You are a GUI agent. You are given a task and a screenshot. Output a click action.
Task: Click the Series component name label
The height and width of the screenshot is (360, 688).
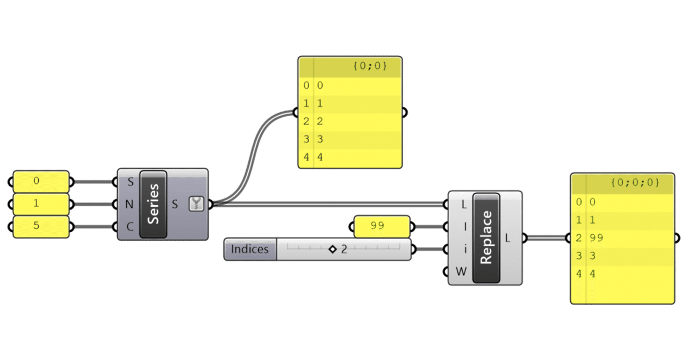click(153, 204)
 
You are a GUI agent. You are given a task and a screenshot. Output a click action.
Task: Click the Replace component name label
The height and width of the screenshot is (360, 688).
click(486, 237)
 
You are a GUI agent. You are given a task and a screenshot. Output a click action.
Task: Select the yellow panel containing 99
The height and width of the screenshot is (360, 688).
click(382, 226)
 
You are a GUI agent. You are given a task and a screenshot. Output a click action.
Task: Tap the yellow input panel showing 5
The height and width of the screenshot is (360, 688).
click(41, 226)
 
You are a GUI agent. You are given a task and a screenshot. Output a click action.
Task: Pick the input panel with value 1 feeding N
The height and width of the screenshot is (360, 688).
click(41, 204)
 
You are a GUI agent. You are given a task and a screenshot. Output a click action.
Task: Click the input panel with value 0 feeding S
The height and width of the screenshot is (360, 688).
click(41, 182)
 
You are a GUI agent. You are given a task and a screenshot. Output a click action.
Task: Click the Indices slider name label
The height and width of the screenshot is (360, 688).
click(250, 249)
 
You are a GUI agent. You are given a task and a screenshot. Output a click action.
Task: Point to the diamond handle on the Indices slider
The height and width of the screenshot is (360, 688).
click(332, 249)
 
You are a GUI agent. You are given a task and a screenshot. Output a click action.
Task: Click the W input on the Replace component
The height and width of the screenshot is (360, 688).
click(461, 271)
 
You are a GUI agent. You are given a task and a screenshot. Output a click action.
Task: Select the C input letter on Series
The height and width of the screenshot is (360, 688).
click(130, 227)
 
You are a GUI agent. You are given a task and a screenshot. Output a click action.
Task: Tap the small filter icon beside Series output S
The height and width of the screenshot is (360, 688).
click(196, 204)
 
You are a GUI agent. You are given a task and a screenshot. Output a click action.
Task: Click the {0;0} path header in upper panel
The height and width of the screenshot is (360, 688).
click(370, 67)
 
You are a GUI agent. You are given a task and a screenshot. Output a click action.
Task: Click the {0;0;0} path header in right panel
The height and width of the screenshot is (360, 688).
click(634, 183)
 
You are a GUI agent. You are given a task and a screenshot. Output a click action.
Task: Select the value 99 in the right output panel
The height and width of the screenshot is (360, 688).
click(596, 237)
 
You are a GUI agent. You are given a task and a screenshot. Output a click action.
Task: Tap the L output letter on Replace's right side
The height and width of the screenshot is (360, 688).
click(507, 237)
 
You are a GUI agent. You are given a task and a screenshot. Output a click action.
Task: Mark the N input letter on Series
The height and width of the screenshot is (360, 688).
click(130, 204)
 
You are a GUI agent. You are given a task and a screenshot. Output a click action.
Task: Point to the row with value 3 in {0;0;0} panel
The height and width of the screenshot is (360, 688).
click(618, 256)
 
